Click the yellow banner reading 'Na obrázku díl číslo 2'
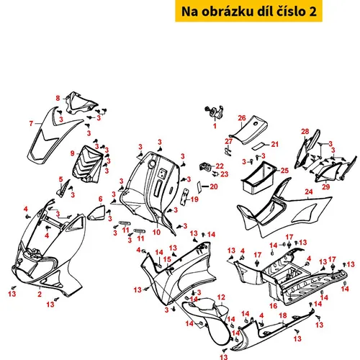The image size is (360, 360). coord(248,11)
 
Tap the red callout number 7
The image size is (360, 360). coord(31,123)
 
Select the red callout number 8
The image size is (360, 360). coord(58,98)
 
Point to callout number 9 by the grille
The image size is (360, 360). coord(72,153)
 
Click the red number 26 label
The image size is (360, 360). coord(242,118)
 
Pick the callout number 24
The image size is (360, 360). coord(309,192)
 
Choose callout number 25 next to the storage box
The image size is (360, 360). coord(284,171)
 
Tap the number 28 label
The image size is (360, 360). coord(305,131)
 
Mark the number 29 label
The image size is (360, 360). coord(325,186)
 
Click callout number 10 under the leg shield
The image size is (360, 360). coord(156,232)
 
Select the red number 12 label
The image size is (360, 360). coord(221,297)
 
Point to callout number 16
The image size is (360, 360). coord(274,305)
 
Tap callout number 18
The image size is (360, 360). coord(283,315)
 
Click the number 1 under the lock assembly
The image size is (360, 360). coord(215,126)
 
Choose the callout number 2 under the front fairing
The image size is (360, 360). coord(40,294)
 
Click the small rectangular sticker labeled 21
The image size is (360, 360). coord(258,146)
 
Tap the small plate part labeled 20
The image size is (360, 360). coord(199,187)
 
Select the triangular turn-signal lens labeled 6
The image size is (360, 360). coord(96,212)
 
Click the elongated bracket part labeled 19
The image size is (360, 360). coord(185,197)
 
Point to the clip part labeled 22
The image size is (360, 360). coord(205,166)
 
